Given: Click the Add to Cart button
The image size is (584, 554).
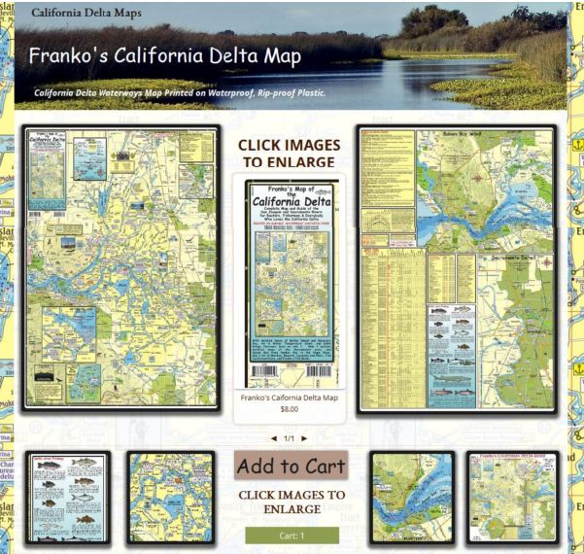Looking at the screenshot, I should tap(292, 466).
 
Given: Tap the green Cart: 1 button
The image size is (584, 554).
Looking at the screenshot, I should tap(292, 536).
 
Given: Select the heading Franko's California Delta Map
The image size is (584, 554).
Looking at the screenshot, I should tap(165, 55).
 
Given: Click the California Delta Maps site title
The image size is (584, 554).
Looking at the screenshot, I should tap(86, 14).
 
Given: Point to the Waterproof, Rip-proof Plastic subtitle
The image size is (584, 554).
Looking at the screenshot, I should tap(180, 94).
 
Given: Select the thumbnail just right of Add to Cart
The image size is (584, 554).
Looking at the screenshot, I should tap(411, 496).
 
